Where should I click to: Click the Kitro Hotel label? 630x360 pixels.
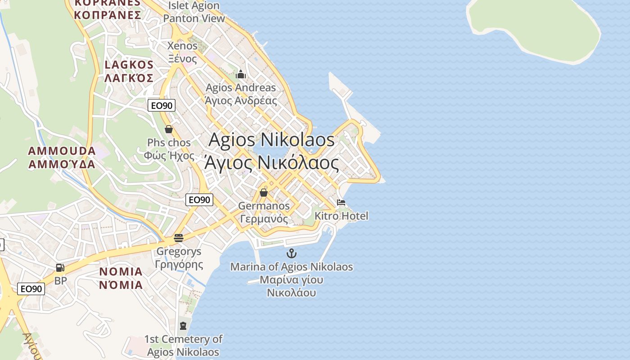(x=341, y=216)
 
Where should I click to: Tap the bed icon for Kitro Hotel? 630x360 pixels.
(x=341, y=202)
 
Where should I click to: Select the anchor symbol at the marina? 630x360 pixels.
(x=292, y=253)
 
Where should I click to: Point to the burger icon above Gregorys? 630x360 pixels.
(x=179, y=238)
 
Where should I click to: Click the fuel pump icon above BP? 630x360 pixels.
(x=60, y=268)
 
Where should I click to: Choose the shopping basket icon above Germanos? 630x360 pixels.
(x=264, y=193)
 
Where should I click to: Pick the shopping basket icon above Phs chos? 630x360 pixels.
(x=169, y=130)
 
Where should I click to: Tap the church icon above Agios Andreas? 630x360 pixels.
(x=241, y=74)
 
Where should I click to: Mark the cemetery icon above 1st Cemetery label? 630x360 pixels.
(x=183, y=325)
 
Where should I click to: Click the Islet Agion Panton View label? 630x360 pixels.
(x=193, y=12)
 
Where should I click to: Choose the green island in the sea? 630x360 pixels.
(x=535, y=27)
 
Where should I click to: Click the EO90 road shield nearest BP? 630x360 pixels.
(x=31, y=289)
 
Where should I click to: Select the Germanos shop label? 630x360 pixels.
(x=264, y=212)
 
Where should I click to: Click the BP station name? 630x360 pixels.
(x=61, y=281)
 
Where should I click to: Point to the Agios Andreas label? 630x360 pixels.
(x=241, y=94)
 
